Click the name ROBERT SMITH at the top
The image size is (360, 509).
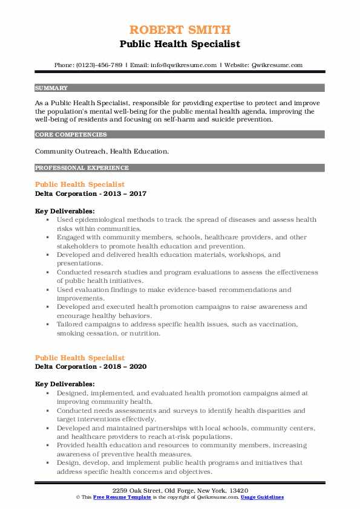[180, 30]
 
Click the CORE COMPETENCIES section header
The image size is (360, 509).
[63, 134]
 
